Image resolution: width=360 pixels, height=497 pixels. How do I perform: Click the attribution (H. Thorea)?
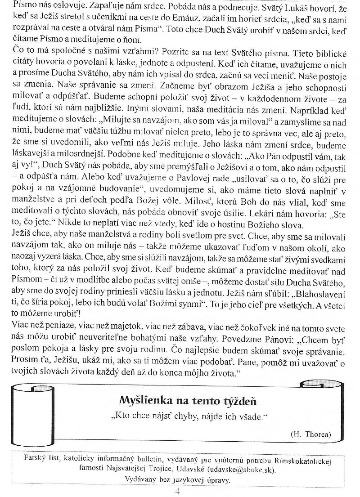310,434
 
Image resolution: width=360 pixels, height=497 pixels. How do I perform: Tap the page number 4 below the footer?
177,491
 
